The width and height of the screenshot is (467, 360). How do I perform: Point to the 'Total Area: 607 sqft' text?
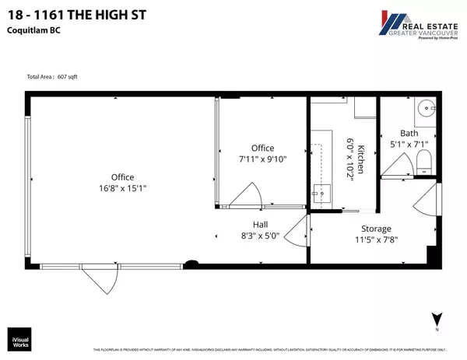[51, 76]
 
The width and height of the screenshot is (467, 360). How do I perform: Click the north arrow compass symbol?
[438, 320]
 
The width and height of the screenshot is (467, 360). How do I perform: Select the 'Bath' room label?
[409, 133]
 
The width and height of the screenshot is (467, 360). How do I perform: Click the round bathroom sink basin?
[427, 110]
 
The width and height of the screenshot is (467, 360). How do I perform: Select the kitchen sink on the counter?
[319, 191]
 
